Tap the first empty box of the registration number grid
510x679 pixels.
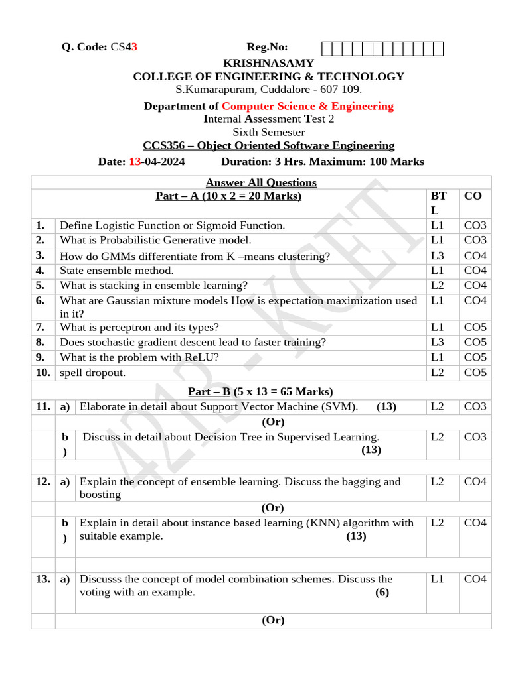coord(326,48)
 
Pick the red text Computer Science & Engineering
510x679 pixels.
coord(307,106)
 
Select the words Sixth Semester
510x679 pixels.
coord(268,132)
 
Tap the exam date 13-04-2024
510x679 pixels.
coord(157,162)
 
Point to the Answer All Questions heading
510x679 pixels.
coord(261,182)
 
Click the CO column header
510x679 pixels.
coord(473,196)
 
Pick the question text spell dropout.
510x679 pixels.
coord(92,373)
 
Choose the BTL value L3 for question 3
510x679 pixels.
coord(437,256)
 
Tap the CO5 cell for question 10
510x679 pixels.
coord(475,373)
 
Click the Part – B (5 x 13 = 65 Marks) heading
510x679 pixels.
coord(261,391)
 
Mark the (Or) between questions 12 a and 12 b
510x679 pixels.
coord(273,508)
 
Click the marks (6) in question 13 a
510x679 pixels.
coord(382,592)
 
